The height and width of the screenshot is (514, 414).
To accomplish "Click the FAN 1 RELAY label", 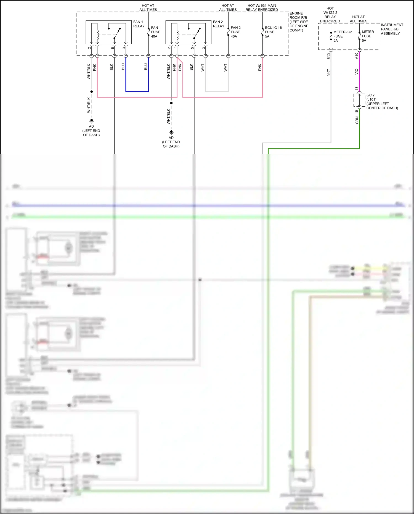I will point(139,24).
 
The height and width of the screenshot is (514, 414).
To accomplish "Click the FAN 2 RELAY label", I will point(218,24).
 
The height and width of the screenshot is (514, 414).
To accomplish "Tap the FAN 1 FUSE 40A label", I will point(156,32).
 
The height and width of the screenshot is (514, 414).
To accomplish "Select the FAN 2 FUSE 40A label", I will point(235,32).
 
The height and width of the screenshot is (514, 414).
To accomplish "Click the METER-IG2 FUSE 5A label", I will point(342,36).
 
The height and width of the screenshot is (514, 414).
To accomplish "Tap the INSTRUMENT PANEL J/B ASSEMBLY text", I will point(392,29).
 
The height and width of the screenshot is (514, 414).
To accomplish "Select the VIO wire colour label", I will point(357,72).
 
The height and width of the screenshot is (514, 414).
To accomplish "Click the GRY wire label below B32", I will point(328,72).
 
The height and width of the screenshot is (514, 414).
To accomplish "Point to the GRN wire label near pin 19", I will point(357,120).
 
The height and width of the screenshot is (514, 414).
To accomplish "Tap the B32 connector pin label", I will point(328,56).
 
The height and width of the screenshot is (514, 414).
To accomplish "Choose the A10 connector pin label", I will point(357,56).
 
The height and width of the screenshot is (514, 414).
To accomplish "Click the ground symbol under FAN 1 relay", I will point(91,121).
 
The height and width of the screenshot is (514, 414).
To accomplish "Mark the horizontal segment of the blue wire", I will point(137,91).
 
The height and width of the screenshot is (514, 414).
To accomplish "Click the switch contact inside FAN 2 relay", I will point(197,33).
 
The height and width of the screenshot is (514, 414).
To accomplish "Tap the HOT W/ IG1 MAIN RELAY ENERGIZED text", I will point(262,7).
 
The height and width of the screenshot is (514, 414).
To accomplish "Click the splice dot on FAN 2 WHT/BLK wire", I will point(171,103).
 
